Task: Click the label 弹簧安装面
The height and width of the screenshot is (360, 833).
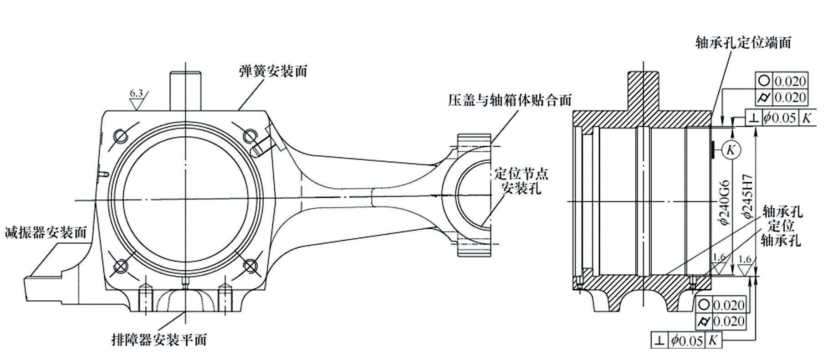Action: click(273, 72)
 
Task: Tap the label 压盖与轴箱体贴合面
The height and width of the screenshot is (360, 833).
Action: click(509, 100)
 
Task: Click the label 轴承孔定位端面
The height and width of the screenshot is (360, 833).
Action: click(743, 43)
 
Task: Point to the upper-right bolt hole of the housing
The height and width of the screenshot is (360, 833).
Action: click(248, 136)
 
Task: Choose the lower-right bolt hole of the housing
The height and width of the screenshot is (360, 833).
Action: click(248, 265)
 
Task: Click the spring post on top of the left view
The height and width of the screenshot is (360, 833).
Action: click(185, 90)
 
